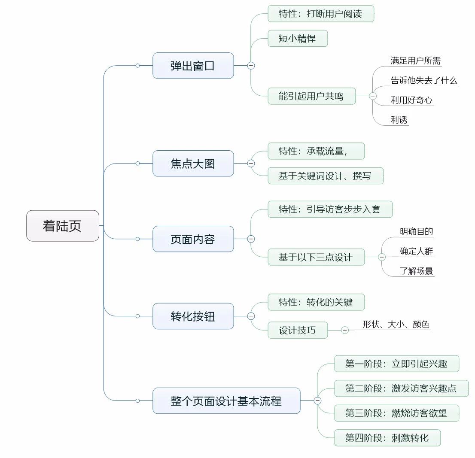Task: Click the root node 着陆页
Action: [63, 226]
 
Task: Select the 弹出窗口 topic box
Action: [193, 66]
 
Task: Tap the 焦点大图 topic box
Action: [193, 164]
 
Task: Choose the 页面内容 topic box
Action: [193, 239]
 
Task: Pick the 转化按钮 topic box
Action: [193, 316]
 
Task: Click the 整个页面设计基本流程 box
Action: [226, 401]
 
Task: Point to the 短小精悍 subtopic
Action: [297, 38]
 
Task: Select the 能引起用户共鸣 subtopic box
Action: [311, 96]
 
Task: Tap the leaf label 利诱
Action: [399, 120]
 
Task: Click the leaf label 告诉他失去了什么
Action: [423, 81]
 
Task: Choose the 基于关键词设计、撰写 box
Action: [325, 176]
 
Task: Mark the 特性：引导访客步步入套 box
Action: [329, 210]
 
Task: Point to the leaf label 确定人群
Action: [416, 252]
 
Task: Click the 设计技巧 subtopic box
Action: [297, 330]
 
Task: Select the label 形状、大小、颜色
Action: [396, 325]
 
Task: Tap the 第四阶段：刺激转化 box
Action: [387, 438]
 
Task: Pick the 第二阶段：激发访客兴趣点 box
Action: [401, 389]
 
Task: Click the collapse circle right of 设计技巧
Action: [345, 330]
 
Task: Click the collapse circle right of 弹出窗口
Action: [251, 66]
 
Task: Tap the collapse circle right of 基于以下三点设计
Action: [381, 257]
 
